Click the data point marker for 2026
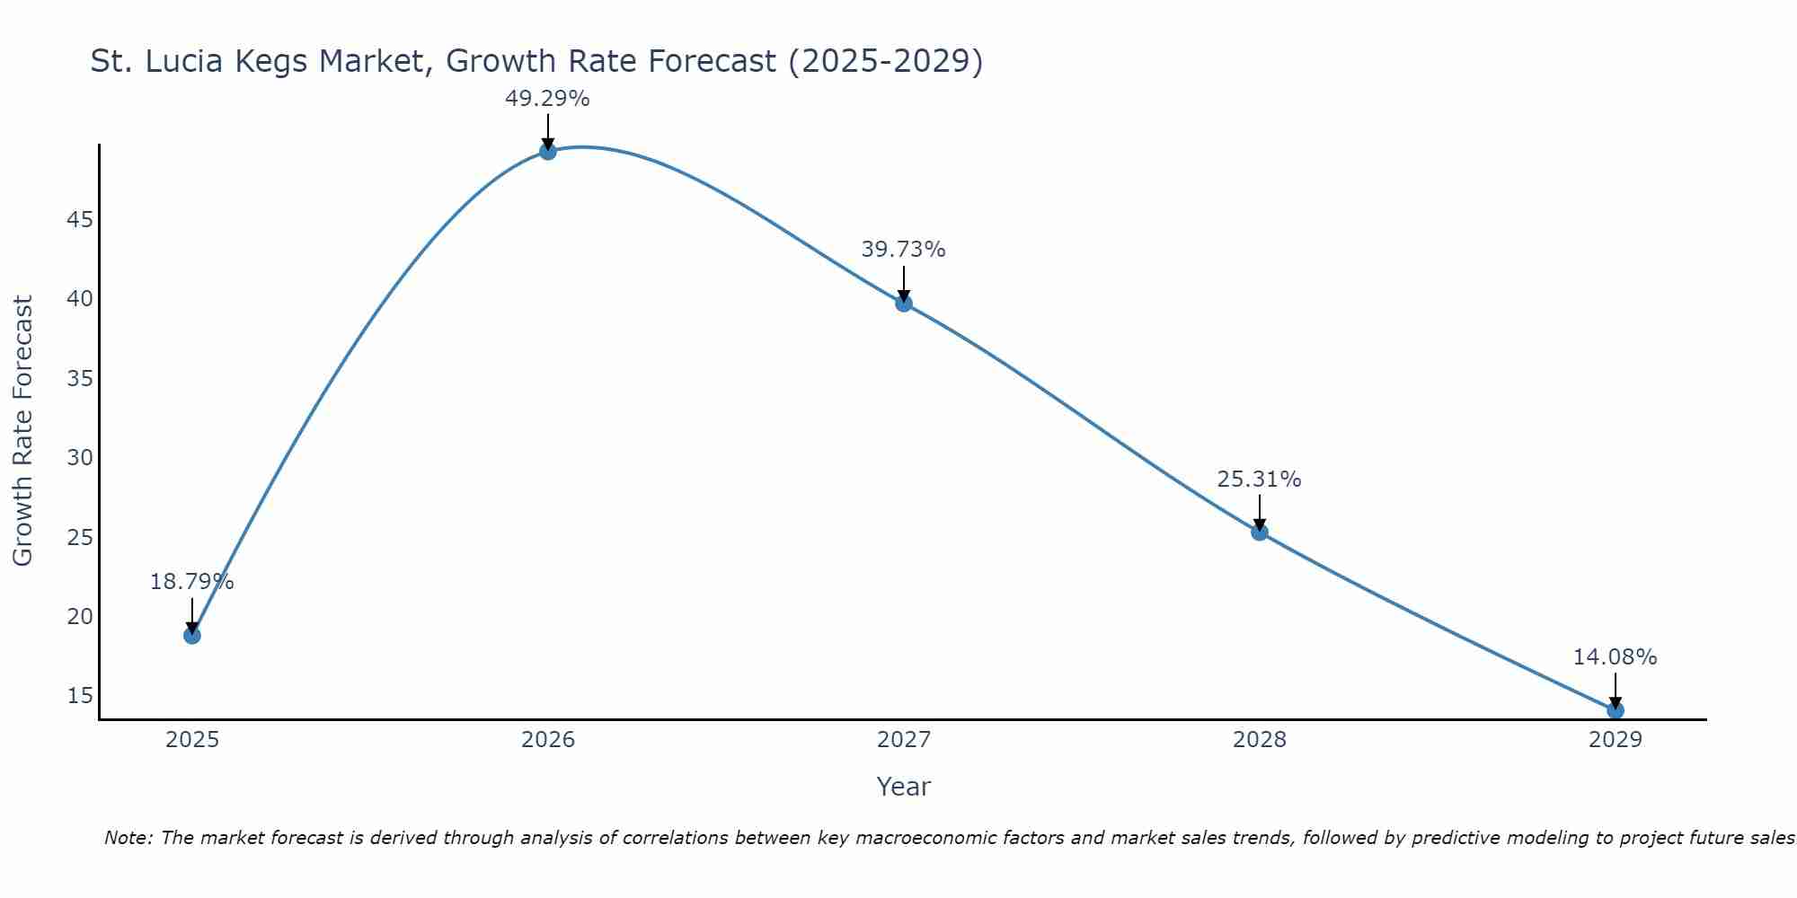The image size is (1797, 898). (547, 151)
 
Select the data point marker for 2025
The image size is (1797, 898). (191, 635)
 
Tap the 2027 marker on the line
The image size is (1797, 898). (903, 303)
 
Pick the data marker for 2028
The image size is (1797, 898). (1259, 532)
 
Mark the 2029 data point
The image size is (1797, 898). (1615, 710)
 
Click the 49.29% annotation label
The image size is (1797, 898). (547, 99)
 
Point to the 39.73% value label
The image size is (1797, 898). (903, 250)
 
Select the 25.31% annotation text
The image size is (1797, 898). (1259, 480)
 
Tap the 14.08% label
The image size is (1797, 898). (1615, 657)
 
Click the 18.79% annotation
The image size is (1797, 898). (191, 582)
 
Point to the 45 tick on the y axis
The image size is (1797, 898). (80, 219)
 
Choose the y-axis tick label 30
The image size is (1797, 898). (80, 457)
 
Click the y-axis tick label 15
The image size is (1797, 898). (80, 695)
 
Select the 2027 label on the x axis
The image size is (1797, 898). (903, 740)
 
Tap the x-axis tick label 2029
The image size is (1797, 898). (1615, 740)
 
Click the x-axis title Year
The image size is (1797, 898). (903, 787)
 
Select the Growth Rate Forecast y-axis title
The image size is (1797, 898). (22, 431)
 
